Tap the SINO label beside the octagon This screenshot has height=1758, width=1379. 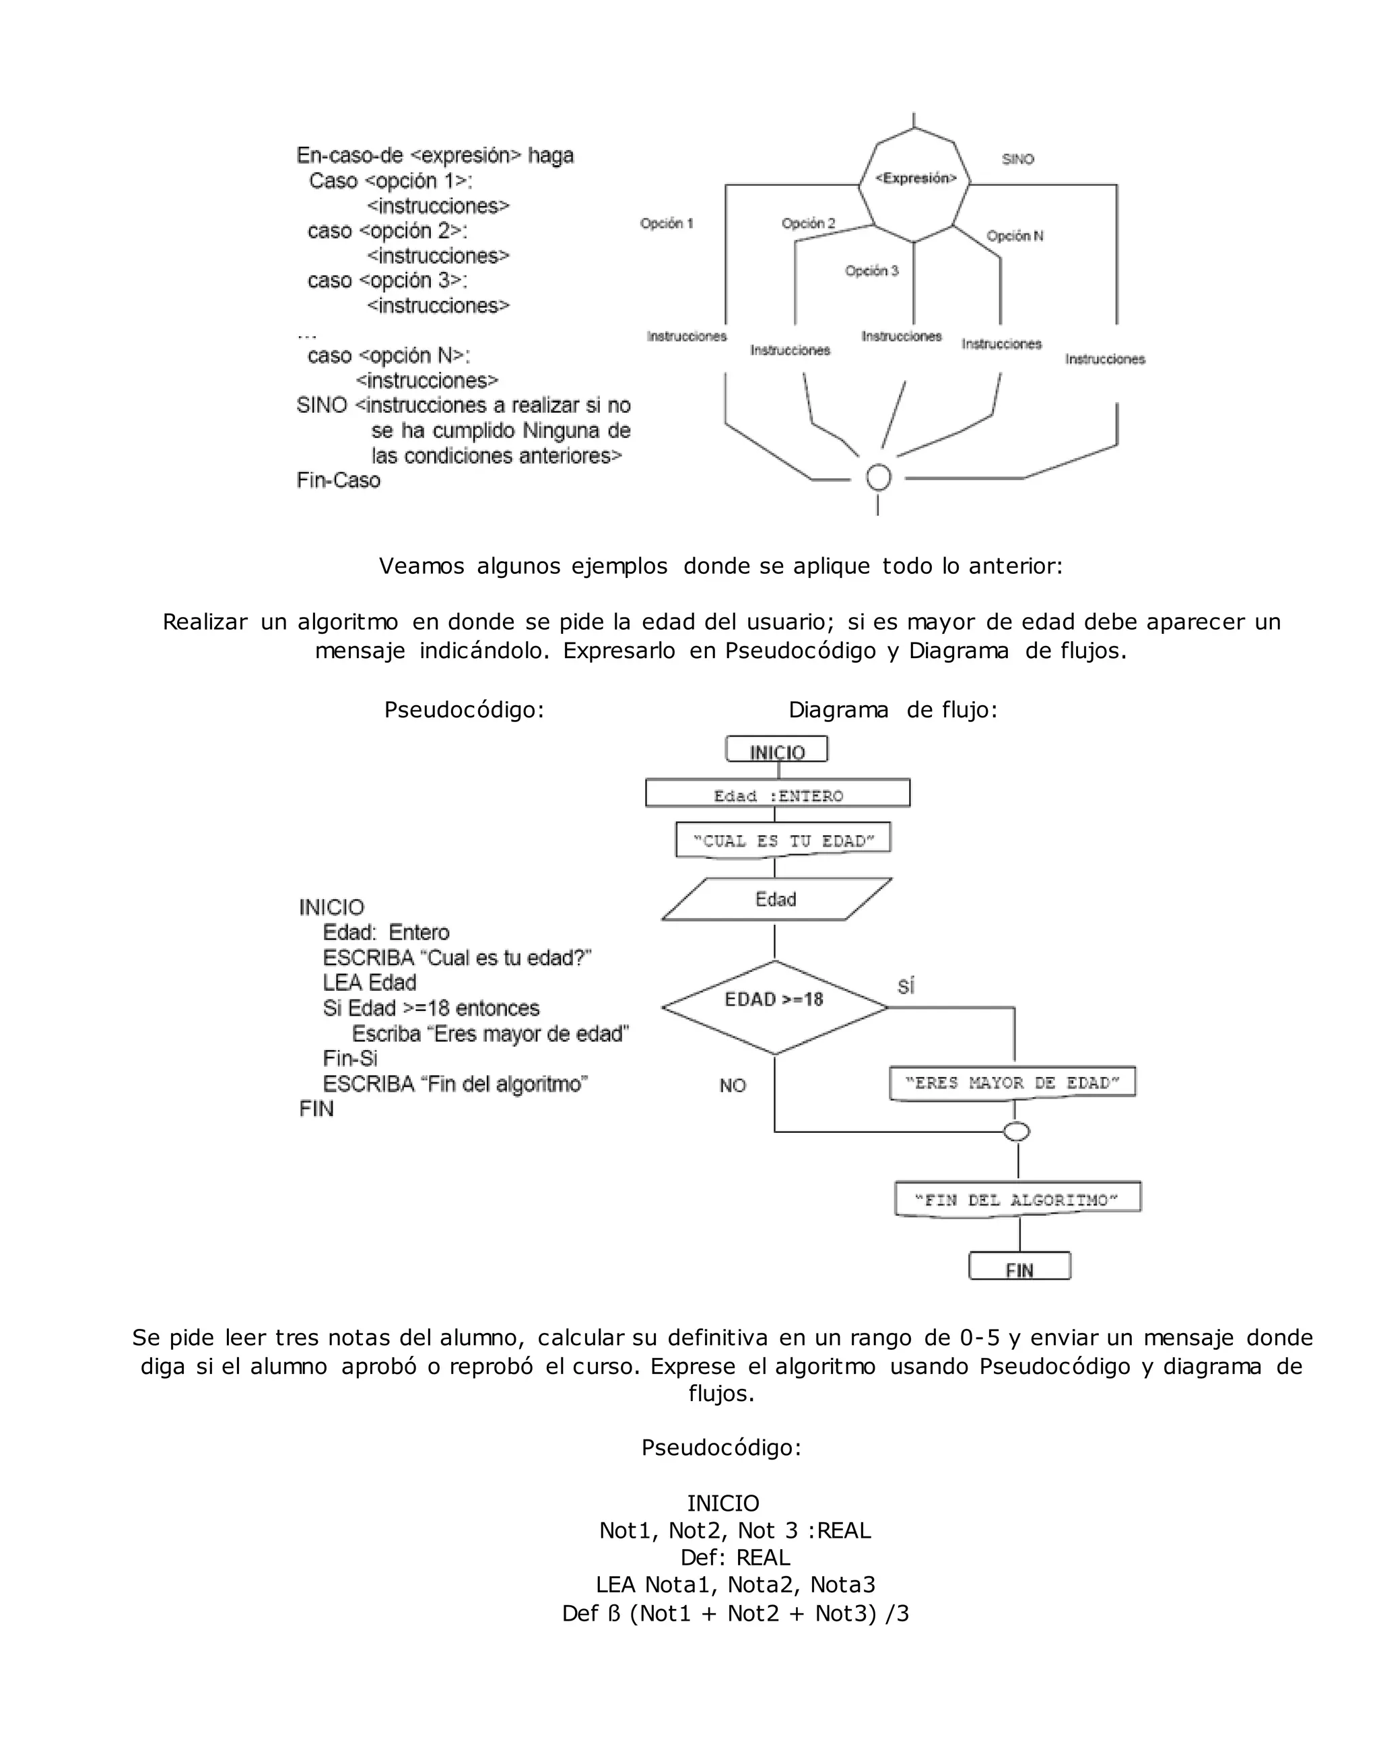(1017, 159)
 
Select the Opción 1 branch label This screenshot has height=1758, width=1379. (666, 224)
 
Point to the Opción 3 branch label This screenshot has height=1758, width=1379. (871, 271)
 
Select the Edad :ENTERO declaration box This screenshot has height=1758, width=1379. (778, 795)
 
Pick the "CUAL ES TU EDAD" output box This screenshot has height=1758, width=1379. (782, 841)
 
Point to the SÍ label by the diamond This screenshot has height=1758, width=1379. (906, 986)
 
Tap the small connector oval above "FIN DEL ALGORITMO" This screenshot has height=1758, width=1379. (1017, 1132)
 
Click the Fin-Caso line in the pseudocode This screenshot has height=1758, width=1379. (338, 480)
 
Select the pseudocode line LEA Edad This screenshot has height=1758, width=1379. (369, 983)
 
